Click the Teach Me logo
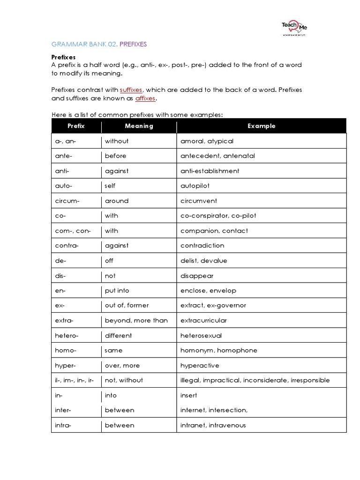tap(294, 28)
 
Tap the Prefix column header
tap(76, 126)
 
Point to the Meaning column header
tap(139, 126)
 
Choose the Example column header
tap(261, 126)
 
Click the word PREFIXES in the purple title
tap(133, 44)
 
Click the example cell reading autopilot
tap(195, 186)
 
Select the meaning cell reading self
tap(110, 186)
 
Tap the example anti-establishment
tap(210, 171)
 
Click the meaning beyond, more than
tap(136, 321)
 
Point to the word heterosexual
tap(201, 336)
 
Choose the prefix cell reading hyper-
tap(65, 366)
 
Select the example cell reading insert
tap(189, 396)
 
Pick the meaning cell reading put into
tap(117, 291)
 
